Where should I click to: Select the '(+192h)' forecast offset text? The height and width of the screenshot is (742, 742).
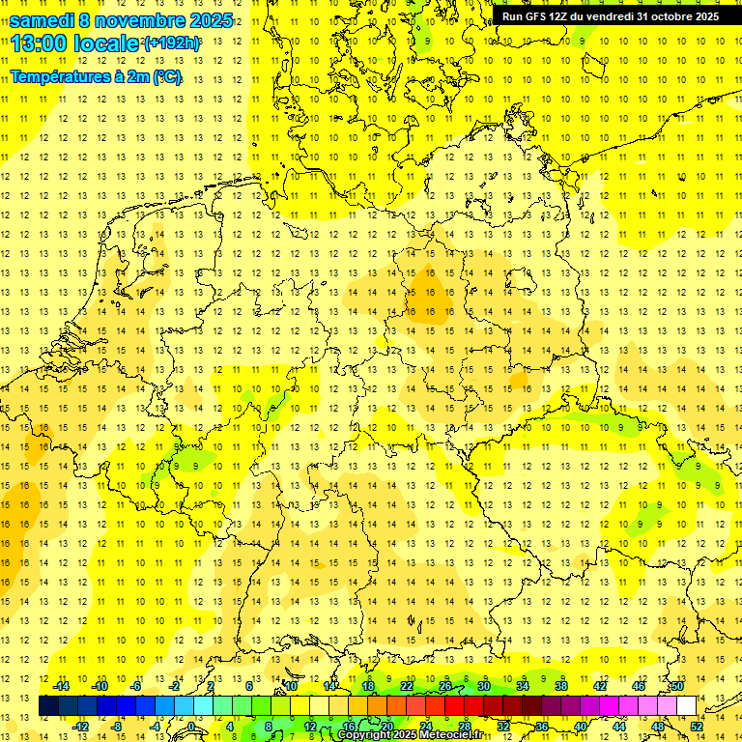(171, 43)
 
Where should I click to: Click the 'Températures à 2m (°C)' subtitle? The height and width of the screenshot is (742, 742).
(96, 76)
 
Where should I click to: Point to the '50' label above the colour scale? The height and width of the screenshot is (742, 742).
(677, 686)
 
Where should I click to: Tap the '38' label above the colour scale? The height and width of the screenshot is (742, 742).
(561, 686)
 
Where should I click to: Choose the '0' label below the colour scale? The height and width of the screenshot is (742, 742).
(191, 727)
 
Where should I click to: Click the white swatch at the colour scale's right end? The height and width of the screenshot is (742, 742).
(687, 705)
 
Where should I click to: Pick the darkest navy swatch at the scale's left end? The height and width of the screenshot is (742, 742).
(48, 705)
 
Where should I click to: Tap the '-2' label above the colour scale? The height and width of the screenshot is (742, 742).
(174, 686)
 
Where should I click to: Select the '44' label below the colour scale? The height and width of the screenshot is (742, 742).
(619, 727)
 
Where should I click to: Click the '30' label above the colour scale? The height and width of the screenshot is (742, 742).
(483, 686)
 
